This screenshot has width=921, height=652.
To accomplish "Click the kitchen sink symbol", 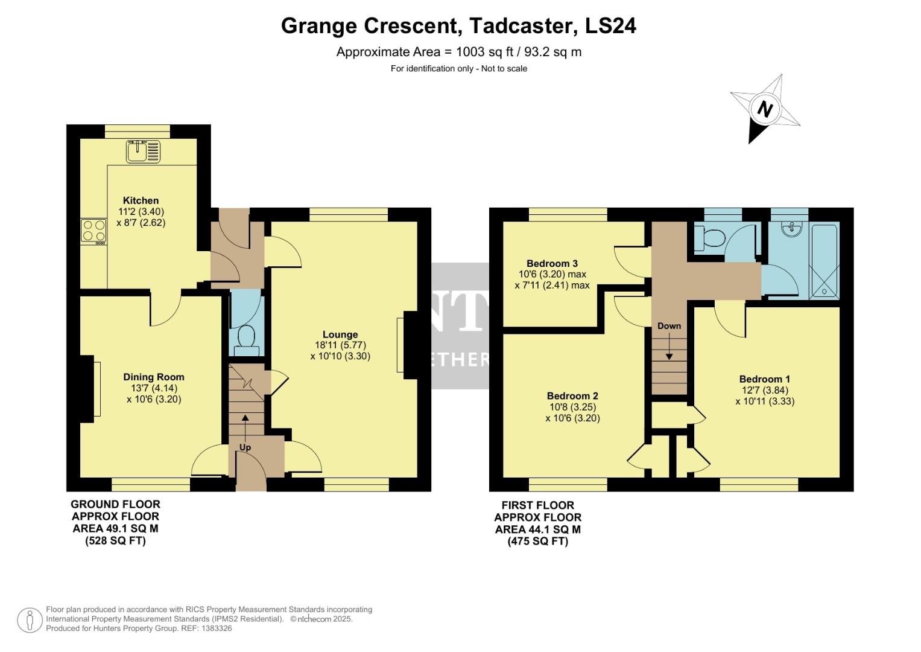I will coord(143,151).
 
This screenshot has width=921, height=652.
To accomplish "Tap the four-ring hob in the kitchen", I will coord(93,231).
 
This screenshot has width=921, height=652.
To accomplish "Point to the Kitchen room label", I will coord(141,200).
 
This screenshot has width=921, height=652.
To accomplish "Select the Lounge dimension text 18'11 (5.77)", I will coord(340,345).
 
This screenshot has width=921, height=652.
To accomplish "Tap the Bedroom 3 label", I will coord(552,263).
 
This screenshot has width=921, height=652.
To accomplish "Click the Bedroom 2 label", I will coord(572,396).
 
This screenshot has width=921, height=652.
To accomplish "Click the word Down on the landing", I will coord(669,326).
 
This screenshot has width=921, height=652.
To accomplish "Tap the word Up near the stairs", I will coord(245,447).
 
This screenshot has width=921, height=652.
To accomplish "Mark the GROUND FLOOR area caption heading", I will coord(116,504).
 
